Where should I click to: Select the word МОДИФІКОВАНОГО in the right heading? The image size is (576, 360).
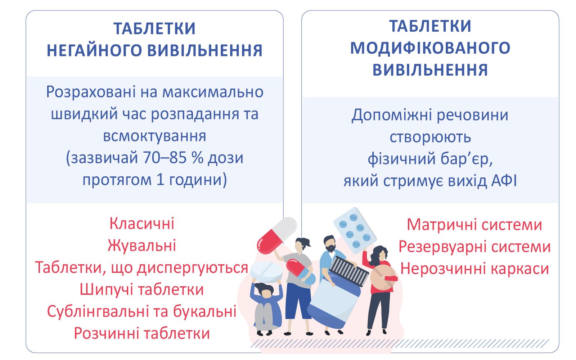click(x=430, y=48)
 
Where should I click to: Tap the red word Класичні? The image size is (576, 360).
click(x=142, y=224)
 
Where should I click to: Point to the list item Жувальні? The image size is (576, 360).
click(x=142, y=246)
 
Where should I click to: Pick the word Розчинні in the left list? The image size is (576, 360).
click(x=107, y=333)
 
